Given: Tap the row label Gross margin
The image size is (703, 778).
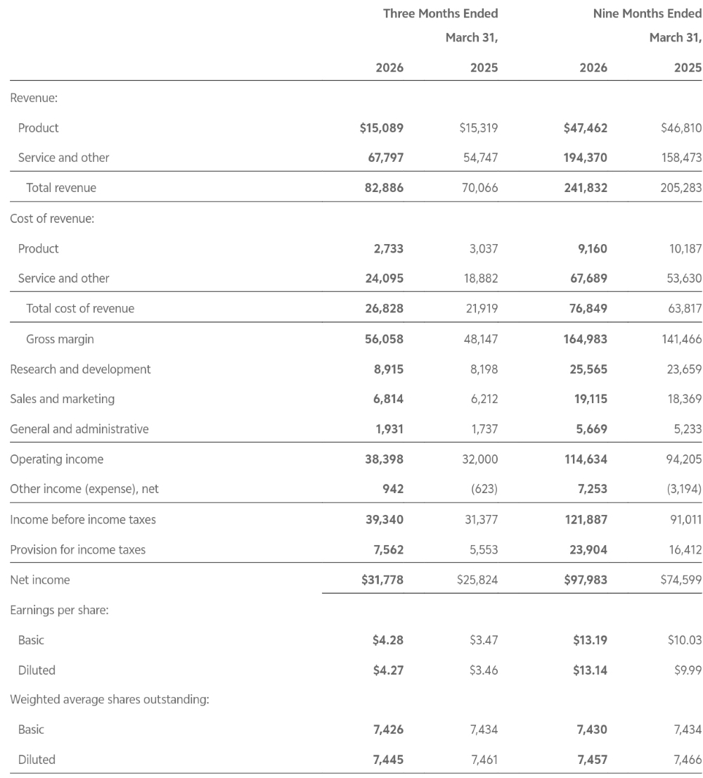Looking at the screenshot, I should (60, 339).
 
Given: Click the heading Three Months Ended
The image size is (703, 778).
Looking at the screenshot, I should (440, 13).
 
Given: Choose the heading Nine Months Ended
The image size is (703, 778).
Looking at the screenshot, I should (647, 13).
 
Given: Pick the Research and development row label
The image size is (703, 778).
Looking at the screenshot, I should (80, 369).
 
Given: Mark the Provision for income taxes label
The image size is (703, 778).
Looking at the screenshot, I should (77, 550).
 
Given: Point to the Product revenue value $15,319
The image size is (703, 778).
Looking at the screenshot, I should (478, 128).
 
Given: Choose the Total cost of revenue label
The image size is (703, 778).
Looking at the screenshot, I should (80, 308).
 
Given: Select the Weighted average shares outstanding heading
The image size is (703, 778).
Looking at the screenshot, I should (109, 700).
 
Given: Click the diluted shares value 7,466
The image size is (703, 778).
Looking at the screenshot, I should (687, 760).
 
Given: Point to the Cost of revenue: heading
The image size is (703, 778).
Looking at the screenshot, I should (52, 218).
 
